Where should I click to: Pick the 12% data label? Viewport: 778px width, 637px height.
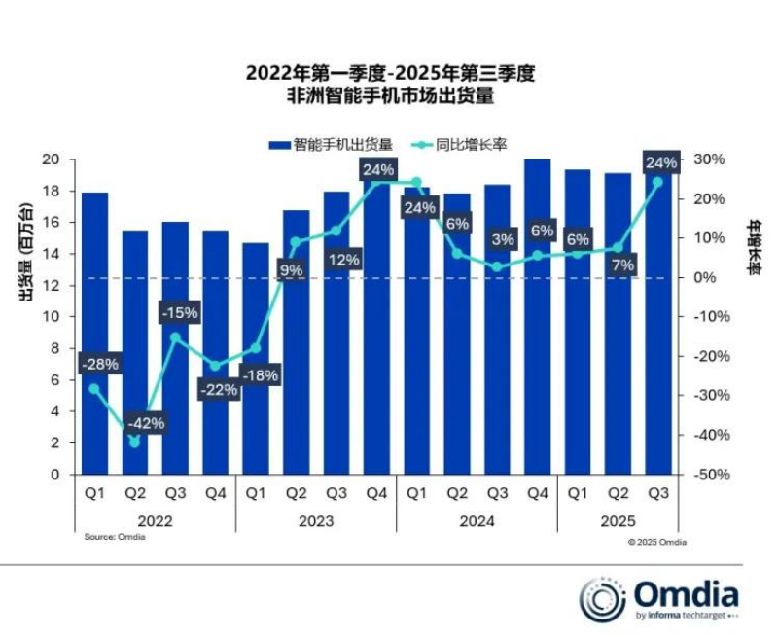342,260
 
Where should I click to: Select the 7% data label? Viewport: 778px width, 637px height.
622,265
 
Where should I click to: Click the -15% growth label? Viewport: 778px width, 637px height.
180,312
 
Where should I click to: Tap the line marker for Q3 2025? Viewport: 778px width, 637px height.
657,182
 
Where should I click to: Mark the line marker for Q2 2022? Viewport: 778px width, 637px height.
135,442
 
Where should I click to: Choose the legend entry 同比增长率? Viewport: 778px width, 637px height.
457,144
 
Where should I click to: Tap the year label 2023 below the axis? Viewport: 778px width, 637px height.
316,521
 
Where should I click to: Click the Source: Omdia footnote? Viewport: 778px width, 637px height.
108,537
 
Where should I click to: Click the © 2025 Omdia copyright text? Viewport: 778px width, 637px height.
656,542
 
